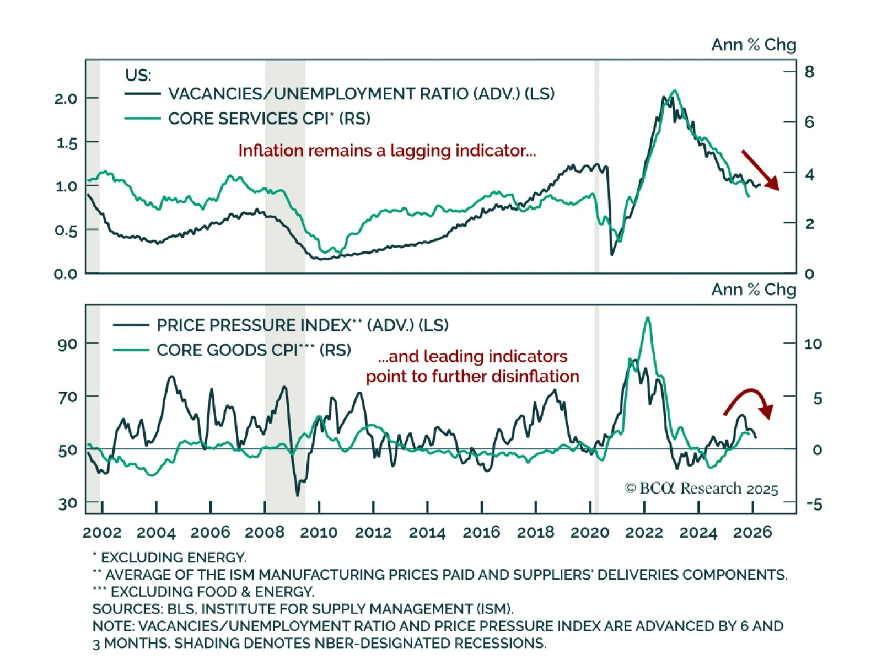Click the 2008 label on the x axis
point(265,533)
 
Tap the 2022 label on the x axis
point(644,533)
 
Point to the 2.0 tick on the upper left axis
point(66,99)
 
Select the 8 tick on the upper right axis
point(809,72)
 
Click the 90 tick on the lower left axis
point(67,345)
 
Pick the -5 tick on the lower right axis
point(814,504)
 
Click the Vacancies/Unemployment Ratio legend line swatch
point(142,94)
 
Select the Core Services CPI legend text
point(269,119)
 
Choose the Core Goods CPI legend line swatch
point(131,350)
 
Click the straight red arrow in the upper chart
point(760,169)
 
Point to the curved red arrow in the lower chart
point(750,401)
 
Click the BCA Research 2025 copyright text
point(701,489)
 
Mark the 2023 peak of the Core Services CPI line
point(674,91)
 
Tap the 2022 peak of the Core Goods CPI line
point(648,318)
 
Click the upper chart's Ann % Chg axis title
point(754,45)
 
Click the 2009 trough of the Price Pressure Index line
point(298,495)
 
